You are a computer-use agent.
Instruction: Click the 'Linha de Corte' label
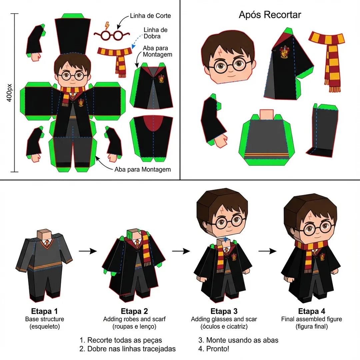pos(150,16)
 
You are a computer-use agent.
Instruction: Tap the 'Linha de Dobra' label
pos(155,33)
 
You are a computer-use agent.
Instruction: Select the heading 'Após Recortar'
pos(270,15)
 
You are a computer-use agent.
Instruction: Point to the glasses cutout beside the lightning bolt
pos(112,35)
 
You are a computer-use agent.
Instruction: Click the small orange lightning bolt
pos(107,25)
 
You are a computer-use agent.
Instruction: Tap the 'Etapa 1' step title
pos(45,311)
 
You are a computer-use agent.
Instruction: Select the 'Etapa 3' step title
pos(224,311)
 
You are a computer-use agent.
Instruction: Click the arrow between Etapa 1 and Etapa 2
pos(88,251)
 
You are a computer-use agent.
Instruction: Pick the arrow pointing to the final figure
pos(267,251)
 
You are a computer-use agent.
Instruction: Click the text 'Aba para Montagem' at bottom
pos(143,169)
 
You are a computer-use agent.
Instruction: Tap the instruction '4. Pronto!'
pos(214,349)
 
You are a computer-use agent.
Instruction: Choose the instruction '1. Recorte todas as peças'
pos(121,340)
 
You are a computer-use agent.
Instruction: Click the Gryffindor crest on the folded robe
pos(284,52)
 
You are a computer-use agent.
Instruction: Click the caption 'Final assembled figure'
pos(312,319)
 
